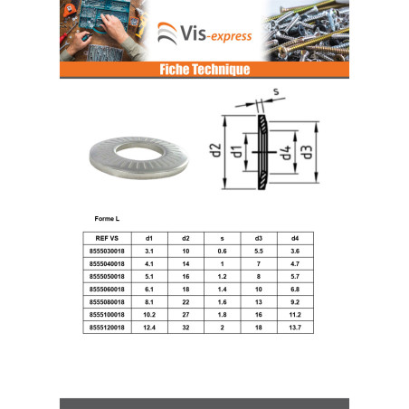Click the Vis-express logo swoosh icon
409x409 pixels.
click(x=167, y=33)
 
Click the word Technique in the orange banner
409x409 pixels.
click(x=222, y=70)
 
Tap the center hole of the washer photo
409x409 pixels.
click(x=138, y=153)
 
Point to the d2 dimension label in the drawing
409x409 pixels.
click(x=215, y=150)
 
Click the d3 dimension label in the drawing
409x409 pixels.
click(x=306, y=152)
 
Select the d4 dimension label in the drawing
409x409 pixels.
click(x=285, y=152)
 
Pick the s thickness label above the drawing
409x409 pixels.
click(x=276, y=91)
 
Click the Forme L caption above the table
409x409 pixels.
click(x=107, y=219)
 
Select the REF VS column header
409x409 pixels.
click(x=107, y=238)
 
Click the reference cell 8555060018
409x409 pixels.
click(x=107, y=290)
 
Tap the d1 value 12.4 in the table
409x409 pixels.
click(x=149, y=328)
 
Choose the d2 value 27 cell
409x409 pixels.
click(x=185, y=315)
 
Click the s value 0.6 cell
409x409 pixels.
click(x=223, y=252)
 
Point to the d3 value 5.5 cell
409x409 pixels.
click(x=259, y=252)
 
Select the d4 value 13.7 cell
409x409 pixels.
click(x=295, y=328)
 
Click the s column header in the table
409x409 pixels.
click(x=223, y=239)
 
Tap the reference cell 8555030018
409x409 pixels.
click(x=107, y=252)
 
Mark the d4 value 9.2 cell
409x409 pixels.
click(x=295, y=302)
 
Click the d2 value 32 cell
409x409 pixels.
click(x=185, y=328)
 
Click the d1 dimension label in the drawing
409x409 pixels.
click(x=236, y=151)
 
